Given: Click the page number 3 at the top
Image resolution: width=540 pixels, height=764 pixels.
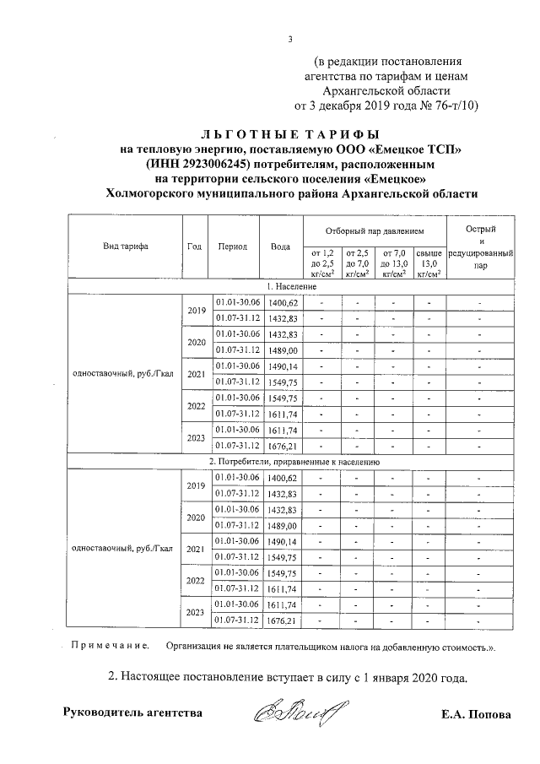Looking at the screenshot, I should [x=290, y=39].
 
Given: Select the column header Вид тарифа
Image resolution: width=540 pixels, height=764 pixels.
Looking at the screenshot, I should [x=126, y=247].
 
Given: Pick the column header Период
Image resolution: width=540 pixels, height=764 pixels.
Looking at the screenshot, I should [x=232, y=247].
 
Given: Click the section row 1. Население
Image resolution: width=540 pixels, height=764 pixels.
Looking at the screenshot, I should [x=291, y=288].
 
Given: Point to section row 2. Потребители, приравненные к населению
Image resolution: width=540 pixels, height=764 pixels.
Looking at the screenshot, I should [x=291, y=463].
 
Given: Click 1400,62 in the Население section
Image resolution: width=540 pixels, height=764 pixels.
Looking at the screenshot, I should [x=282, y=302].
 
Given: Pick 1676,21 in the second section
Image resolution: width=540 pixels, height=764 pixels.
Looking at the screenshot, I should [x=282, y=622].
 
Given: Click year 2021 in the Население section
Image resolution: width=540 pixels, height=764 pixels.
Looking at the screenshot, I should [x=196, y=374].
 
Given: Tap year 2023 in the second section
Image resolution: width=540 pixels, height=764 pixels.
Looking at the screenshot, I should [x=196, y=614].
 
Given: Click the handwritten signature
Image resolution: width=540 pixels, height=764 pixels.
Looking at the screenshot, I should [x=290, y=712].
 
